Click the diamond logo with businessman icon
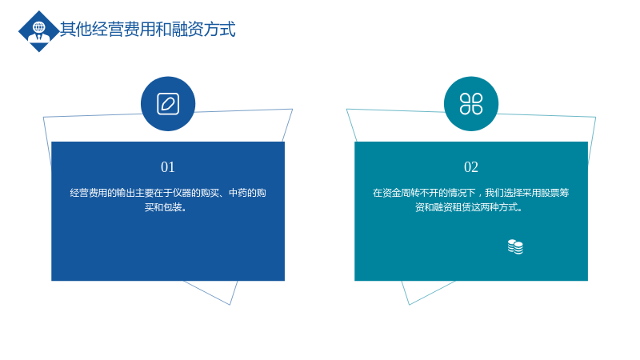pyautogui.click(x=38, y=31)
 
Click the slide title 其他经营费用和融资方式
pyautogui.click(x=148, y=30)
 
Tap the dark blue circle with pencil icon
pyautogui.click(x=168, y=104)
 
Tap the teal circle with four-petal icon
pyautogui.click(x=471, y=104)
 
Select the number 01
pyautogui.click(x=168, y=167)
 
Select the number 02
pyautogui.click(x=471, y=167)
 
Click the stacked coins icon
pyautogui.click(x=515, y=247)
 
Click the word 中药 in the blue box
pyautogui.click(x=238, y=193)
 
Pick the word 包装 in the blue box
pyautogui.click(x=173, y=207)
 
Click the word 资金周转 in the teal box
pyautogui.click(x=401, y=193)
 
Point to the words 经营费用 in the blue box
pyautogui.click(x=89, y=193)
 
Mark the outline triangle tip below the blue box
pyautogui.click(x=230, y=305)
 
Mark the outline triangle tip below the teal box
pyautogui.click(x=409, y=305)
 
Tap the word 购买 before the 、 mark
pyautogui.click(x=210, y=193)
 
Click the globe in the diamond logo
pyautogui.click(x=38, y=27)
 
